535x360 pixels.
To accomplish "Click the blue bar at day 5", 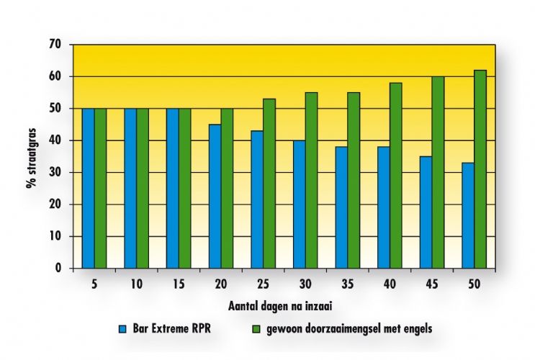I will coord(88,188).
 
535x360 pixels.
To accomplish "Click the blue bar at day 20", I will coord(214,196).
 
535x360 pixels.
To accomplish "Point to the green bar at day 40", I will coord(395,176).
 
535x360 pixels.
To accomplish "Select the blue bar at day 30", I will coord(298,204).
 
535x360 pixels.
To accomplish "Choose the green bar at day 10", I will coord(143,188).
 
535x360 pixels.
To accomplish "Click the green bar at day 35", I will coord(354,180).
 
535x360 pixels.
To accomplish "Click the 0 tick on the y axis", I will coord(63,268).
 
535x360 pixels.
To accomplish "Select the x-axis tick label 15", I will coord(178,284).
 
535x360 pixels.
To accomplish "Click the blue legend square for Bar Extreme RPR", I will coord(124,330).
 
